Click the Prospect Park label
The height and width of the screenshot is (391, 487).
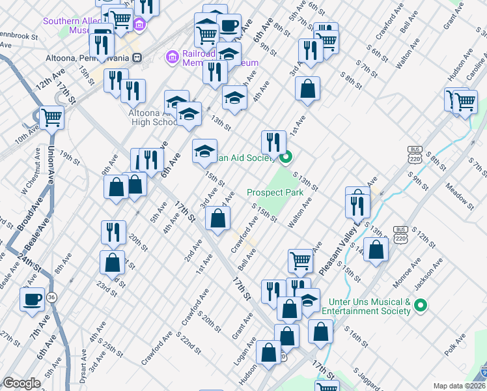pos(275,193)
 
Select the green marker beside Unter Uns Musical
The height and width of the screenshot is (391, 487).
pos(421,304)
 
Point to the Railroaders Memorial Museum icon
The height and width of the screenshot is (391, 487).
pos(173,58)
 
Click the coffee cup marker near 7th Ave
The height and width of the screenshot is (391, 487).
pos(33,299)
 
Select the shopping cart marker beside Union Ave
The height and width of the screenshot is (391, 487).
pos(51,118)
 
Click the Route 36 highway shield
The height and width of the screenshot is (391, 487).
pos(51,297)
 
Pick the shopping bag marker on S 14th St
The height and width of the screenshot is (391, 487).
pos(376,249)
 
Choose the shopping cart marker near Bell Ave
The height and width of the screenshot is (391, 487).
pos(300,260)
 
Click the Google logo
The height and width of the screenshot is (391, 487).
pos(21,383)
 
